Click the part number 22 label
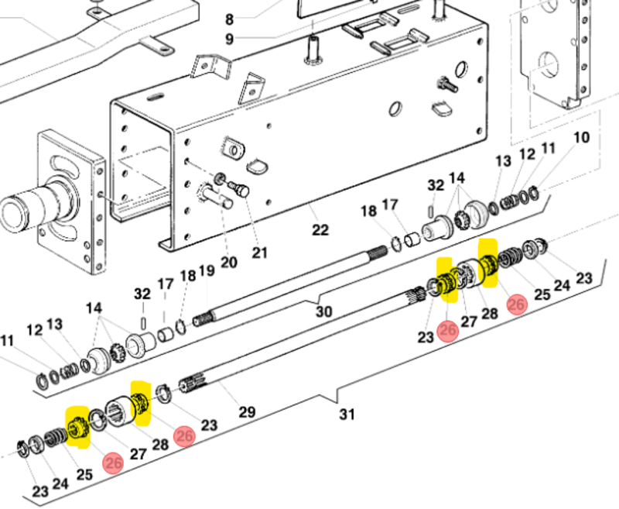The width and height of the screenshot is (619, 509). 320,230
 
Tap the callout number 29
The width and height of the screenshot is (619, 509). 246,411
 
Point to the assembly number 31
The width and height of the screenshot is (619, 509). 346,414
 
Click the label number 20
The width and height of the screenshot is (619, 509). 229,263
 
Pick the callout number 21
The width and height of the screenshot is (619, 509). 259,253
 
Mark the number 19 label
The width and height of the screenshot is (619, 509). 206,271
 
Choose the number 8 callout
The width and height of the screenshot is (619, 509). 229,19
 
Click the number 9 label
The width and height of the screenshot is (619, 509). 229,39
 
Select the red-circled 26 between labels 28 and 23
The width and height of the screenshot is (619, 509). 184,436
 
